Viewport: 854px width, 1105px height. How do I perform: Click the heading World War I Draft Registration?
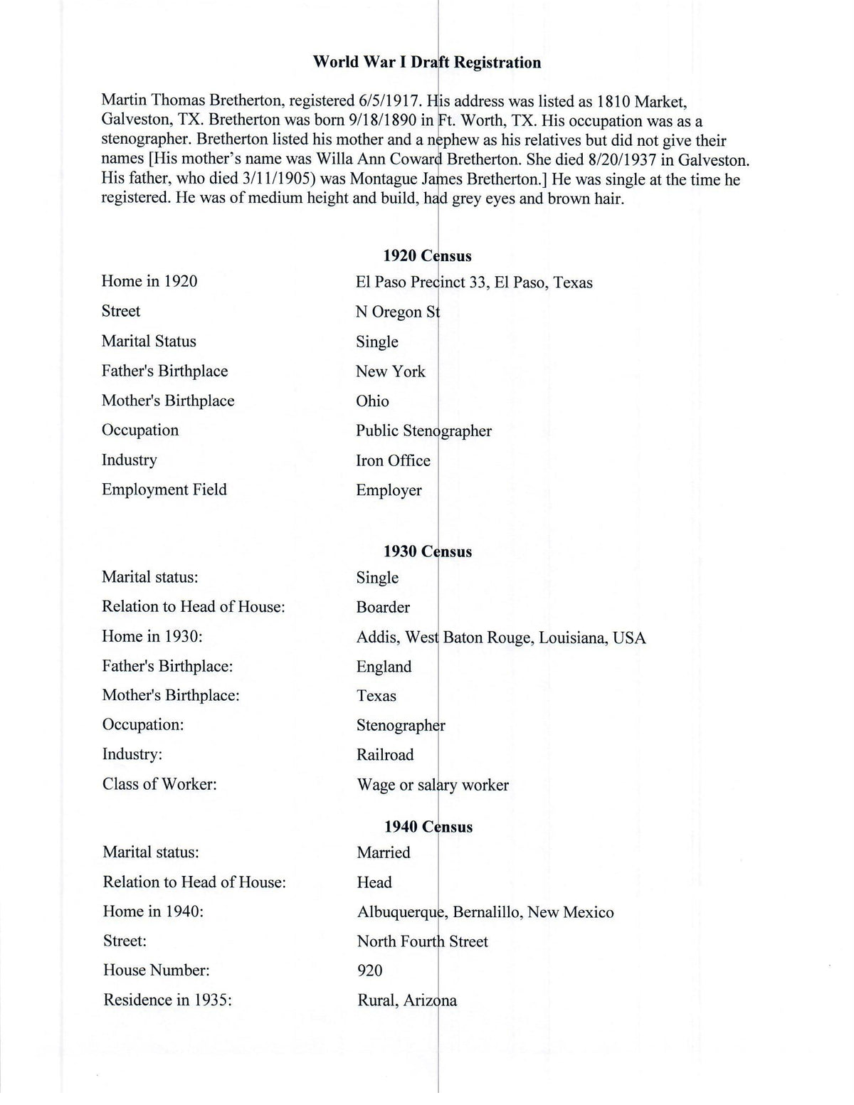pos(427,63)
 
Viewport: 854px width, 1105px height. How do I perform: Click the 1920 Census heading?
pos(427,255)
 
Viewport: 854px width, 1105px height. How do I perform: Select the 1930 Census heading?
pos(427,551)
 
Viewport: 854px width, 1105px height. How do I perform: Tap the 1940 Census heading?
pos(428,827)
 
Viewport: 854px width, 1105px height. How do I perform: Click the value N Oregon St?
pos(398,312)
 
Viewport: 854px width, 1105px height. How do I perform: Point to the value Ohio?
pos(372,401)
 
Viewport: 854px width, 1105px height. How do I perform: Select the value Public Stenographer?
pos(423,431)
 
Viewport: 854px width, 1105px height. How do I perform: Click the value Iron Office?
pos(393,461)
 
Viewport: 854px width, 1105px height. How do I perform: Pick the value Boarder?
pos(383,608)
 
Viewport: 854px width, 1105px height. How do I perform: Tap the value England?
pos(384,667)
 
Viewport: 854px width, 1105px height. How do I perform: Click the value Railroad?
pos(384,755)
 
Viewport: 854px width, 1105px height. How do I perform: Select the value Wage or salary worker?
pos(433,785)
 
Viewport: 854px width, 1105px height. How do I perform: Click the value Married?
pos(384,852)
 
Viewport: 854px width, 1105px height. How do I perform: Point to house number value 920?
pos(369,971)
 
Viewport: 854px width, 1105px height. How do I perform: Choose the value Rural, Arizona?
pos(407,1000)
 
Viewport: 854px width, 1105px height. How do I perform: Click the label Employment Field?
pos(164,490)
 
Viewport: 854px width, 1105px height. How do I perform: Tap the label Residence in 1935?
pos(168,1000)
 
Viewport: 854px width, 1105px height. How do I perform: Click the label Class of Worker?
pos(159,784)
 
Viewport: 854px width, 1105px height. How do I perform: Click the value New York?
pos(390,371)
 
